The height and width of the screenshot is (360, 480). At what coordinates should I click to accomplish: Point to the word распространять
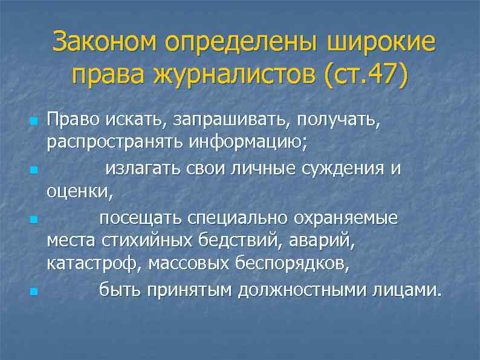[116, 145]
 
